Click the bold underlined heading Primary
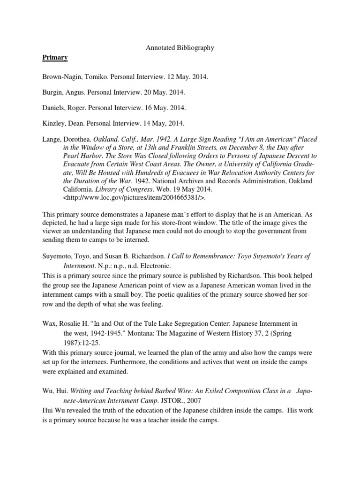56,58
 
